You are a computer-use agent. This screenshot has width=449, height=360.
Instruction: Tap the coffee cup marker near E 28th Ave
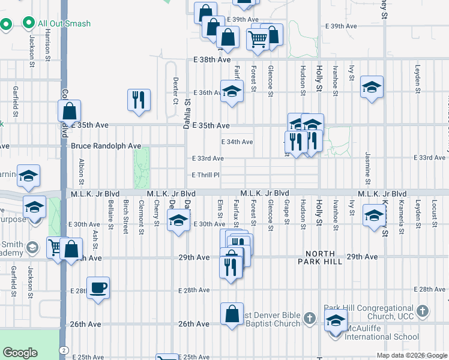pos(98,287)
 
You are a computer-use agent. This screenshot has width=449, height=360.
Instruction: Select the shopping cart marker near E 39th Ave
pos(258,39)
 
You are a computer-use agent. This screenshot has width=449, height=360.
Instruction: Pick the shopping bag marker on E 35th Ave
pos(70,111)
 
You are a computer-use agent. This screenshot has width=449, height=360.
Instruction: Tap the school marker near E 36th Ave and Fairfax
pos(232,92)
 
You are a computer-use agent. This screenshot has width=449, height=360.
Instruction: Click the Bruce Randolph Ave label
pos(106,146)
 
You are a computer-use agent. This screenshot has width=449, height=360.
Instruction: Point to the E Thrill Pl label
pos(205,175)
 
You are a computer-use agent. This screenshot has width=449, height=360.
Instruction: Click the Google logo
pos(20,353)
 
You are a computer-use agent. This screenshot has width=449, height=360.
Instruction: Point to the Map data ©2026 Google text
pos(411,355)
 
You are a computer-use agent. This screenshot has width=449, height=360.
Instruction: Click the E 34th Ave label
pos(237,142)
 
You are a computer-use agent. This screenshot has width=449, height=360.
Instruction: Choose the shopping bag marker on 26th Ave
pos(232,314)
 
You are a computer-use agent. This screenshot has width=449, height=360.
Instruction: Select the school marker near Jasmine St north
pos(372,87)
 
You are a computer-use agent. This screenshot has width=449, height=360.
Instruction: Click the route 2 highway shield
pos(63,350)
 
